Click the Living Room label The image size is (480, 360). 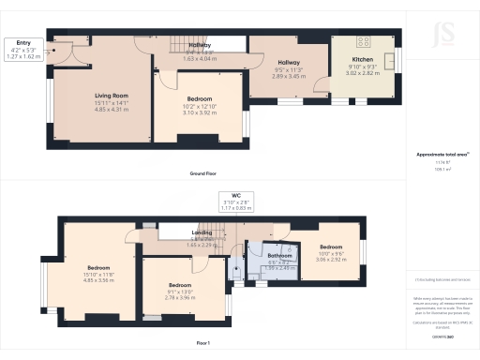click(111, 96)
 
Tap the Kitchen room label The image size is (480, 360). click(362, 58)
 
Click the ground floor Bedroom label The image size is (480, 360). click(199, 98)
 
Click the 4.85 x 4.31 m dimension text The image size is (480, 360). click(111, 109)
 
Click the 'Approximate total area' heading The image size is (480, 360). click(435, 155)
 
